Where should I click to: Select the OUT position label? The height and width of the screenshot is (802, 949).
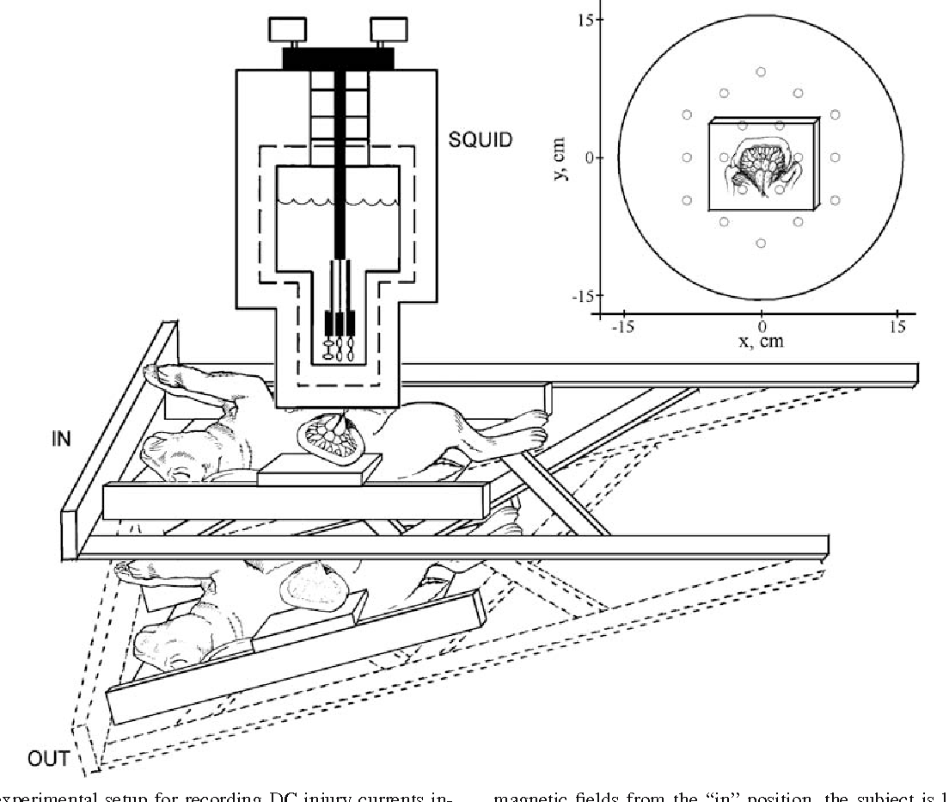coord(49,758)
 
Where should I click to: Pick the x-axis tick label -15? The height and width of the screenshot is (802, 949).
coord(623,327)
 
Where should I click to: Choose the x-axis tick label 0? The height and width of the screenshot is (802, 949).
coord(762,327)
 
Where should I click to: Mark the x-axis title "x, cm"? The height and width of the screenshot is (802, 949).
coord(762,342)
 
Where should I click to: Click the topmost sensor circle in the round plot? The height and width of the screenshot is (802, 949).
coord(760,71)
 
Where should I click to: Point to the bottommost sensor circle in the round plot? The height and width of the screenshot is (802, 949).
coord(760,244)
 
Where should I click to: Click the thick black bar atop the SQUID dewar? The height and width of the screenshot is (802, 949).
coord(338,58)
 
